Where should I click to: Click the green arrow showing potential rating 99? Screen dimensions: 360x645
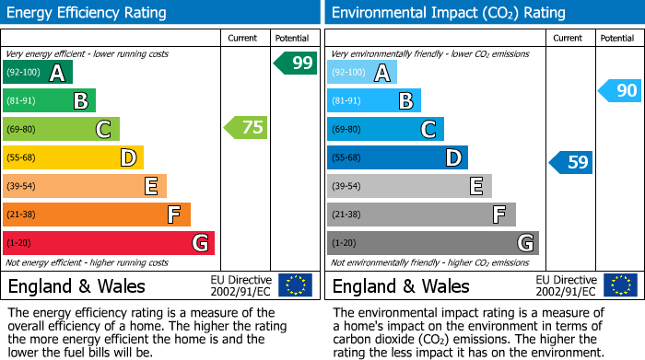(296, 63)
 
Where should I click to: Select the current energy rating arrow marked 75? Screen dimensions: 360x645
(246, 128)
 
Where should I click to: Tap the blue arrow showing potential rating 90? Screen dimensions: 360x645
(619, 90)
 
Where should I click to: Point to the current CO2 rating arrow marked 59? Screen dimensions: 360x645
(571, 163)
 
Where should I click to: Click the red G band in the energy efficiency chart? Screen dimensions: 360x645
(109, 243)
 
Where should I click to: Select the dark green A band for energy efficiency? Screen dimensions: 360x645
(38, 73)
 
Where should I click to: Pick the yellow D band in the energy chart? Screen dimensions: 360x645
(73, 157)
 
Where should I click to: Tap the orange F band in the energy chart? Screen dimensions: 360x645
(97, 215)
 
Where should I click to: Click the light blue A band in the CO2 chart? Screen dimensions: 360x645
(362, 73)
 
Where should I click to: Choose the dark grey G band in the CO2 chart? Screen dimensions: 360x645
(432, 243)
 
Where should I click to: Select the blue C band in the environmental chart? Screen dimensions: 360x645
(385, 129)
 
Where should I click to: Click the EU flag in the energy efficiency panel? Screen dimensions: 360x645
(295, 285)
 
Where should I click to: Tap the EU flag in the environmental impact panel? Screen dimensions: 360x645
(619, 285)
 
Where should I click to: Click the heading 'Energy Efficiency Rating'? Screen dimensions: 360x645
(88, 13)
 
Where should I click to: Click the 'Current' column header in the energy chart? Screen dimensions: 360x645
(242, 38)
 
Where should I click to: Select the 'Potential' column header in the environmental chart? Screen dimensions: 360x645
(616, 38)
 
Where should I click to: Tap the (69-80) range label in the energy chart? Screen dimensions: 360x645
(22, 129)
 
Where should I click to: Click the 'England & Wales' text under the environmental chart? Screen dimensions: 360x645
(401, 286)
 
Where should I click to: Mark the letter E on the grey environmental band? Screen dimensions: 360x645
(475, 186)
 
